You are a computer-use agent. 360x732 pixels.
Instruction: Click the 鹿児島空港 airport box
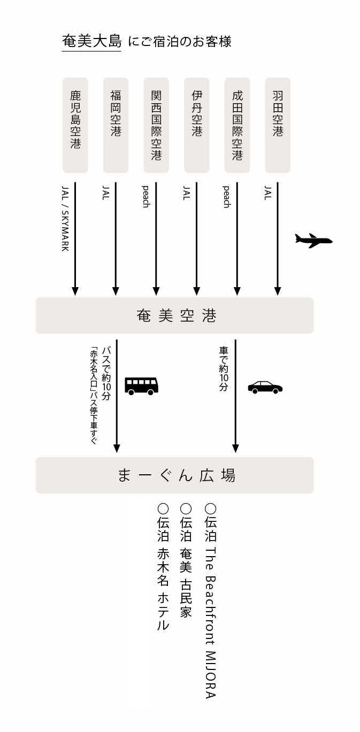pos(75,125)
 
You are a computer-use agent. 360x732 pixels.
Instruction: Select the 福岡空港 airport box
pos(116,125)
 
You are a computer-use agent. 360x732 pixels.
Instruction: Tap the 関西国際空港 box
pos(156,125)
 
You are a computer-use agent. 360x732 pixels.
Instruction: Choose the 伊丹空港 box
pos(196,125)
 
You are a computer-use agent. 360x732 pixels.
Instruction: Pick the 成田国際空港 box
pos(237,125)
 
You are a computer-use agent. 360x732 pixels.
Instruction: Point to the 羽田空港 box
pos(278,125)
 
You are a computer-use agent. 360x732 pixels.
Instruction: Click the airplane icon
pos(313,241)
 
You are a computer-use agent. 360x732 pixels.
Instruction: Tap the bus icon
pos(142,386)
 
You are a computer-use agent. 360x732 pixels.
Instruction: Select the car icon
pos(265,387)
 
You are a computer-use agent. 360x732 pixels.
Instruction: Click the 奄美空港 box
pos(174,315)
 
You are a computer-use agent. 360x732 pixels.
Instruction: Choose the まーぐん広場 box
pos(174,475)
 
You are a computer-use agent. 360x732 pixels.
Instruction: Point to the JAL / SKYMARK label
pos(65,218)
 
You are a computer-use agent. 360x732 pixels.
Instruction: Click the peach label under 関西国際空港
pos(146,197)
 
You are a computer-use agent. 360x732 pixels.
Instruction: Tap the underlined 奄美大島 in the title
pos(92,42)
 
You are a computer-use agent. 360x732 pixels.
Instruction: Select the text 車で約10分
pos(224,368)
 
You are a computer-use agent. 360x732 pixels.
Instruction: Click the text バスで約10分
pos(106,374)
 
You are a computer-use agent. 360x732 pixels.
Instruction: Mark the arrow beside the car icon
pos(235,396)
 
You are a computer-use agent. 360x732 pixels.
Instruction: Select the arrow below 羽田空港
pos(278,239)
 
